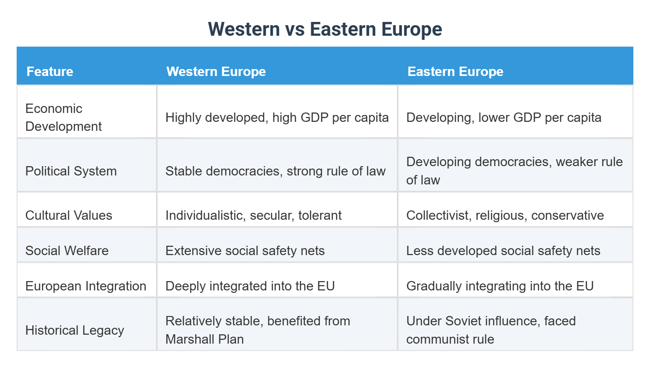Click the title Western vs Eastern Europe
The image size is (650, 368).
point(325,29)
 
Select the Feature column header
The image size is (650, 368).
point(50,71)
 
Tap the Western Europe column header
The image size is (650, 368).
point(216,71)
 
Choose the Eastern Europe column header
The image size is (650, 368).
point(455,71)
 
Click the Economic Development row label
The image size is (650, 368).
point(63,117)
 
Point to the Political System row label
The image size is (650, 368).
point(71,171)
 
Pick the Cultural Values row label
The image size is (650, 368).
point(69,215)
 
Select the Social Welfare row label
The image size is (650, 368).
point(67,251)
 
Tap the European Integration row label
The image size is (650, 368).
point(86,286)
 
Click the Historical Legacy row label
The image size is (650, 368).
point(75,330)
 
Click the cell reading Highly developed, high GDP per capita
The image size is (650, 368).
point(277,117)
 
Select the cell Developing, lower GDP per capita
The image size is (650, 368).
point(504,117)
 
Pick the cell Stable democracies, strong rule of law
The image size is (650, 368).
point(275,171)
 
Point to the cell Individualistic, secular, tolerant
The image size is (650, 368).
point(253,215)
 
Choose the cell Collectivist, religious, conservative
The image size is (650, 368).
point(505,215)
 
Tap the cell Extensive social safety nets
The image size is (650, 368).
point(245,251)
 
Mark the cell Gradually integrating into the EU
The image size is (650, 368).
point(500,286)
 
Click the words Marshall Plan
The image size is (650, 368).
point(205,339)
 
